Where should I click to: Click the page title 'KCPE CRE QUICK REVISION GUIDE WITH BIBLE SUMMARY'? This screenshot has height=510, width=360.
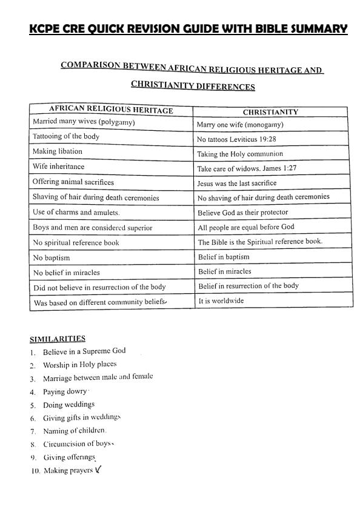[x=188, y=29]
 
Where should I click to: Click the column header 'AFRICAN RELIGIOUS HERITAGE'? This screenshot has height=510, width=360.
[x=111, y=110]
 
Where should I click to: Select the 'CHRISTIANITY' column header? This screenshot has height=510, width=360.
[x=270, y=112]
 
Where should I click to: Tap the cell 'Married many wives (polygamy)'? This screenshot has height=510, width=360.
[x=84, y=122]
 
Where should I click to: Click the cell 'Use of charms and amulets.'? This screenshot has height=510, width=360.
[x=76, y=213]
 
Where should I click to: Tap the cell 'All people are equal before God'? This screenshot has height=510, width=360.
[x=246, y=227]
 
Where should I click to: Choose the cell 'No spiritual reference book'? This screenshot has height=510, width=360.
[x=76, y=242]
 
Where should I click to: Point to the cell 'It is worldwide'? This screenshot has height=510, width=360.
[x=221, y=300]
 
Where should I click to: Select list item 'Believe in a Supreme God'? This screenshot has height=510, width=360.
[x=84, y=351]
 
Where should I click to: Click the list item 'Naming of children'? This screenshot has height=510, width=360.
[x=75, y=431]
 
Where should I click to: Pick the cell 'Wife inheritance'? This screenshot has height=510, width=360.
[x=59, y=167]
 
